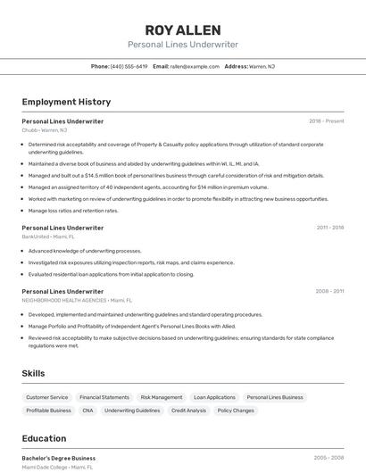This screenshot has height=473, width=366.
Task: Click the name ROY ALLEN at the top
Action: (x=183, y=29)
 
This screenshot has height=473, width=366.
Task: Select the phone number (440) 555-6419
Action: (x=129, y=66)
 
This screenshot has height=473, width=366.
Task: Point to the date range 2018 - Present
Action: (x=326, y=120)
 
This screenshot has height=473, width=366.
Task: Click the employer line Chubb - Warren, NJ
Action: (x=44, y=129)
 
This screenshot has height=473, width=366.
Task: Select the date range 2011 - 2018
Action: (x=329, y=228)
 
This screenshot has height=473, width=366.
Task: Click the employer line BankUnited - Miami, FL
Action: (x=48, y=236)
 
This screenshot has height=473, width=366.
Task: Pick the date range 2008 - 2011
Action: (x=329, y=291)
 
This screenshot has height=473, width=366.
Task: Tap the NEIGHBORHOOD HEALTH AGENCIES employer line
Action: (x=76, y=301)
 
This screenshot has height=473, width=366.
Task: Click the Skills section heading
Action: (x=34, y=373)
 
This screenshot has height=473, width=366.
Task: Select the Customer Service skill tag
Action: (x=46, y=397)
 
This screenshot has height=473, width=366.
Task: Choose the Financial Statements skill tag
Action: (x=104, y=397)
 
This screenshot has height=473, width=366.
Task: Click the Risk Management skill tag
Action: (x=162, y=397)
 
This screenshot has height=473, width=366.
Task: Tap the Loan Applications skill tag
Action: (x=214, y=397)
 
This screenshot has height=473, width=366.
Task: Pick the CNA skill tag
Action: (x=87, y=411)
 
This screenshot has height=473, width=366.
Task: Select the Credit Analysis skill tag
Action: (x=188, y=411)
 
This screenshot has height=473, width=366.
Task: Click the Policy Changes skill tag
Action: (x=236, y=411)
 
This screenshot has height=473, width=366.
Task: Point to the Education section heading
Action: (x=44, y=438)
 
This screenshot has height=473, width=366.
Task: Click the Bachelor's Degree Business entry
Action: (x=59, y=458)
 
